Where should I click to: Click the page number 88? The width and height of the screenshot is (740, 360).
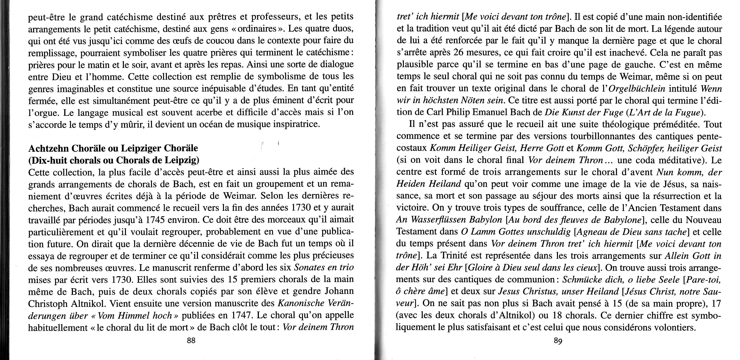pyautogui.click(x=191, y=341)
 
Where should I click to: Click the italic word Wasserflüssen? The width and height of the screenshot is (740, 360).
pyautogui.click(x=439, y=220)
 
